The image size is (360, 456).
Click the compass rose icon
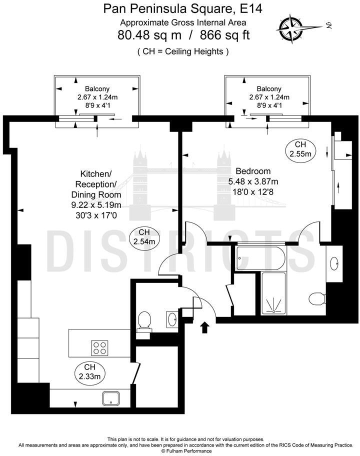[x=291, y=28]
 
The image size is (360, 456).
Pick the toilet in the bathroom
[x=316, y=299]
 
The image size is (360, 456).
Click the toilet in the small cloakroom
[x=144, y=320]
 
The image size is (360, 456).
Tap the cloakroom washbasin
[x=172, y=318]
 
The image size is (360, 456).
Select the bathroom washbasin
[x=334, y=262]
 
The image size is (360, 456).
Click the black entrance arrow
[x=204, y=327]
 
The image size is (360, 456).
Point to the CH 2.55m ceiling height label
[x=300, y=149]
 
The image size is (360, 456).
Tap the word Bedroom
[x=253, y=171]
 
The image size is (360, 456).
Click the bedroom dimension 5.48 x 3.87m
[x=253, y=181]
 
